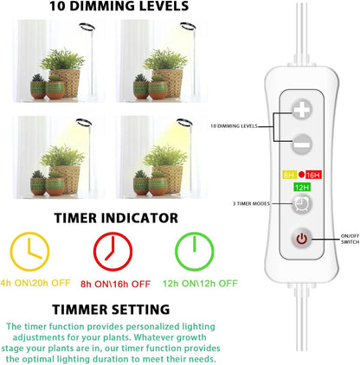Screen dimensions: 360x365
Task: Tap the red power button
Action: [x=302, y=239]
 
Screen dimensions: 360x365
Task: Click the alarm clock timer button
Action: [x=302, y=204]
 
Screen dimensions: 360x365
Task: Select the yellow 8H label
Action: [x=289, y=175]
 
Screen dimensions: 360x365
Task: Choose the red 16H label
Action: [x=313, y=175]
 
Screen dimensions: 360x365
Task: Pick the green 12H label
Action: [x=302, y=188]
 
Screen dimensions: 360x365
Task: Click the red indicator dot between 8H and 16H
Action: [x=301, y=174]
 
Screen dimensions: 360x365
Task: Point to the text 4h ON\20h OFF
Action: [x=35, y=283]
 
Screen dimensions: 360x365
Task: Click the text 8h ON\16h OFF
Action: [x=115, y=284]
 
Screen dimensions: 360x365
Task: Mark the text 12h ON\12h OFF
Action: [x=200, y=284]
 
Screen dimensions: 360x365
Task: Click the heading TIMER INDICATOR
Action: [x=116, y=218]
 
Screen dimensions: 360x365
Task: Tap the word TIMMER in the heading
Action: [x=80, y=310]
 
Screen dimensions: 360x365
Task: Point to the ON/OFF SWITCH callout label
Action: [x=350, y=239]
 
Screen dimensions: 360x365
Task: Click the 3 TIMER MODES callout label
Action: [x=251, y=203]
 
